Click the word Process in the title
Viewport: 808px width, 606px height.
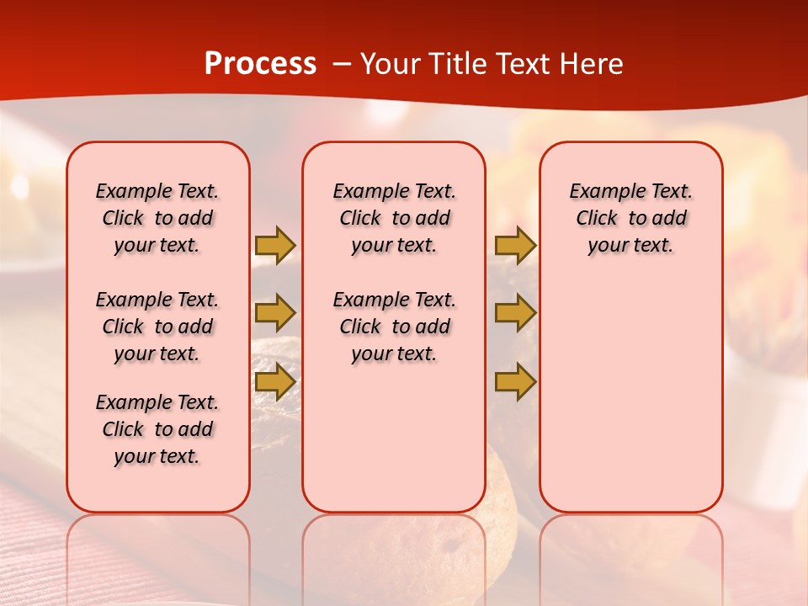(260, 64)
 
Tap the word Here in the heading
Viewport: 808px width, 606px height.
(593, 64)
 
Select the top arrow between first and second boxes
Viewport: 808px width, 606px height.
(274, 245)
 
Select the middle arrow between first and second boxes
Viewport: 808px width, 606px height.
(274, 313)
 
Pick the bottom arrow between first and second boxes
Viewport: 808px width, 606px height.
(274, 382)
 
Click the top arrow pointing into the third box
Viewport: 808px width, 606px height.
(515, 245)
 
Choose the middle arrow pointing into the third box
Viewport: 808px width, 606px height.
(515, 313)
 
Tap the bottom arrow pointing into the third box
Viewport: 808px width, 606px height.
(515, 382)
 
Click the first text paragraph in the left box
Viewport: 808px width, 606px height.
(157, 218)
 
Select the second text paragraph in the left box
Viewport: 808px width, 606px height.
(157, 327)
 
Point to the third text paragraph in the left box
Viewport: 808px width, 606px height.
(157, 429)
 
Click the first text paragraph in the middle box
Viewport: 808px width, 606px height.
(394, 218)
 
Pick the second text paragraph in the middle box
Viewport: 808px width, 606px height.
(394, 327)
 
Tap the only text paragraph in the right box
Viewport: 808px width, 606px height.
(631, 218)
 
